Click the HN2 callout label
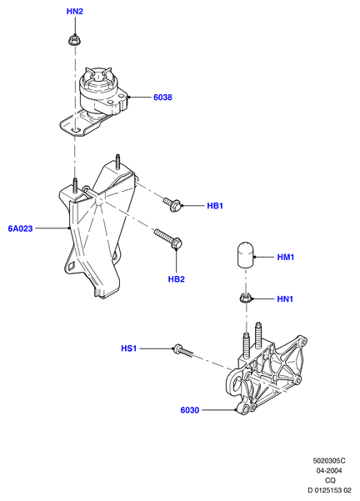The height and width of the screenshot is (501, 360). point(75,12)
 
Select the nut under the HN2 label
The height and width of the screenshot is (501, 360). point(75,40)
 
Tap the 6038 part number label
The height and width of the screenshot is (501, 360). point(162,98)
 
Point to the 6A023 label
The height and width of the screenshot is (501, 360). point(21,228)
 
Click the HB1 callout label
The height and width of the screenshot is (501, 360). point(215,206)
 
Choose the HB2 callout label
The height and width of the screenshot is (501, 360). point(177,279)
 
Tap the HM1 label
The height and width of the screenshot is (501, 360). point(286,257)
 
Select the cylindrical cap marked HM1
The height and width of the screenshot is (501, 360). point(245,254)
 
